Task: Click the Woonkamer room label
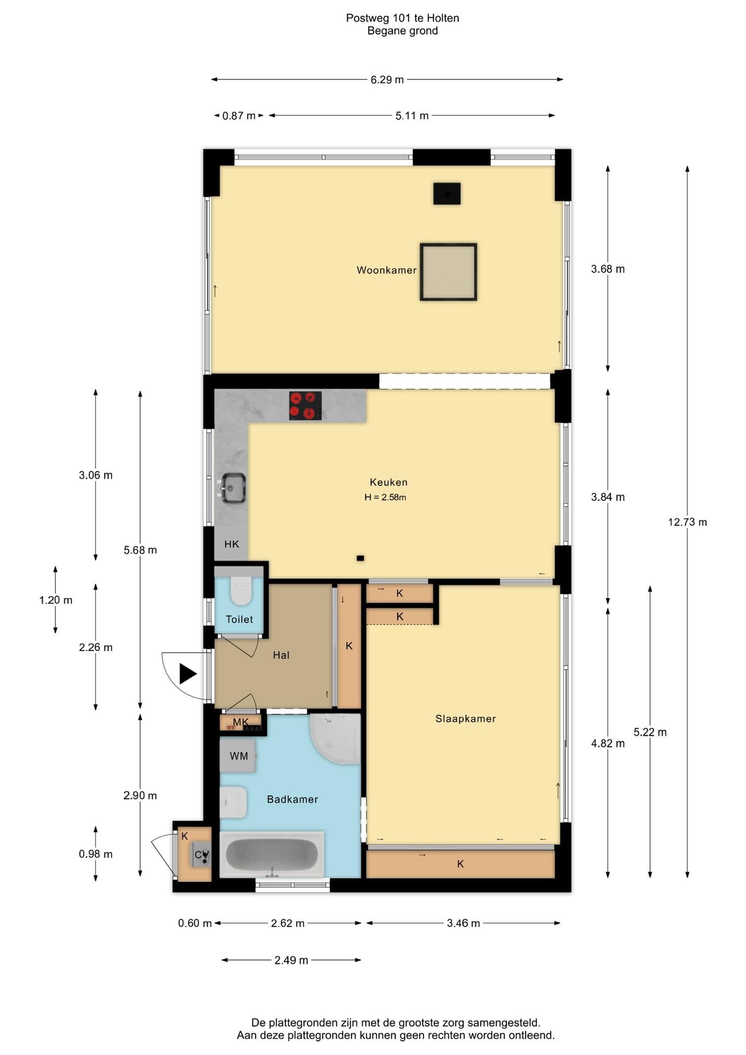[x=386, y=270]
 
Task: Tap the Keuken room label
[x=388, y=482]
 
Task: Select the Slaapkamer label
[x=465, y=718]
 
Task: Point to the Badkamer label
[x=292, y=799]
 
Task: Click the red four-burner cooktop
[x=305, y=406]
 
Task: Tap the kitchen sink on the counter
[x=232, y=488]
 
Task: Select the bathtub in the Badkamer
[x=272, y=854]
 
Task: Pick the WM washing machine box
[x=238, y=756]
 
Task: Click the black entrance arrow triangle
[x=187, y=674]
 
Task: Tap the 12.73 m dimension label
[x=687, y=522]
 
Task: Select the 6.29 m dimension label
[x=387, y=80]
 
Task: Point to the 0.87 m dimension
[x=239, y=116]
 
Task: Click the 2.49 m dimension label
[x=291, y=960]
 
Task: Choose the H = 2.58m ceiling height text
[x=385, y=497]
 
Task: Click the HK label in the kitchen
[x=231, y=544]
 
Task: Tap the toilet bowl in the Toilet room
[x=241, y=590]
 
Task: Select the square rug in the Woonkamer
[x=448, y=272]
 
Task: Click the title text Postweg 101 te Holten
[x=402, y=18]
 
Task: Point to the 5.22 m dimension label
[x=650, y=732]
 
